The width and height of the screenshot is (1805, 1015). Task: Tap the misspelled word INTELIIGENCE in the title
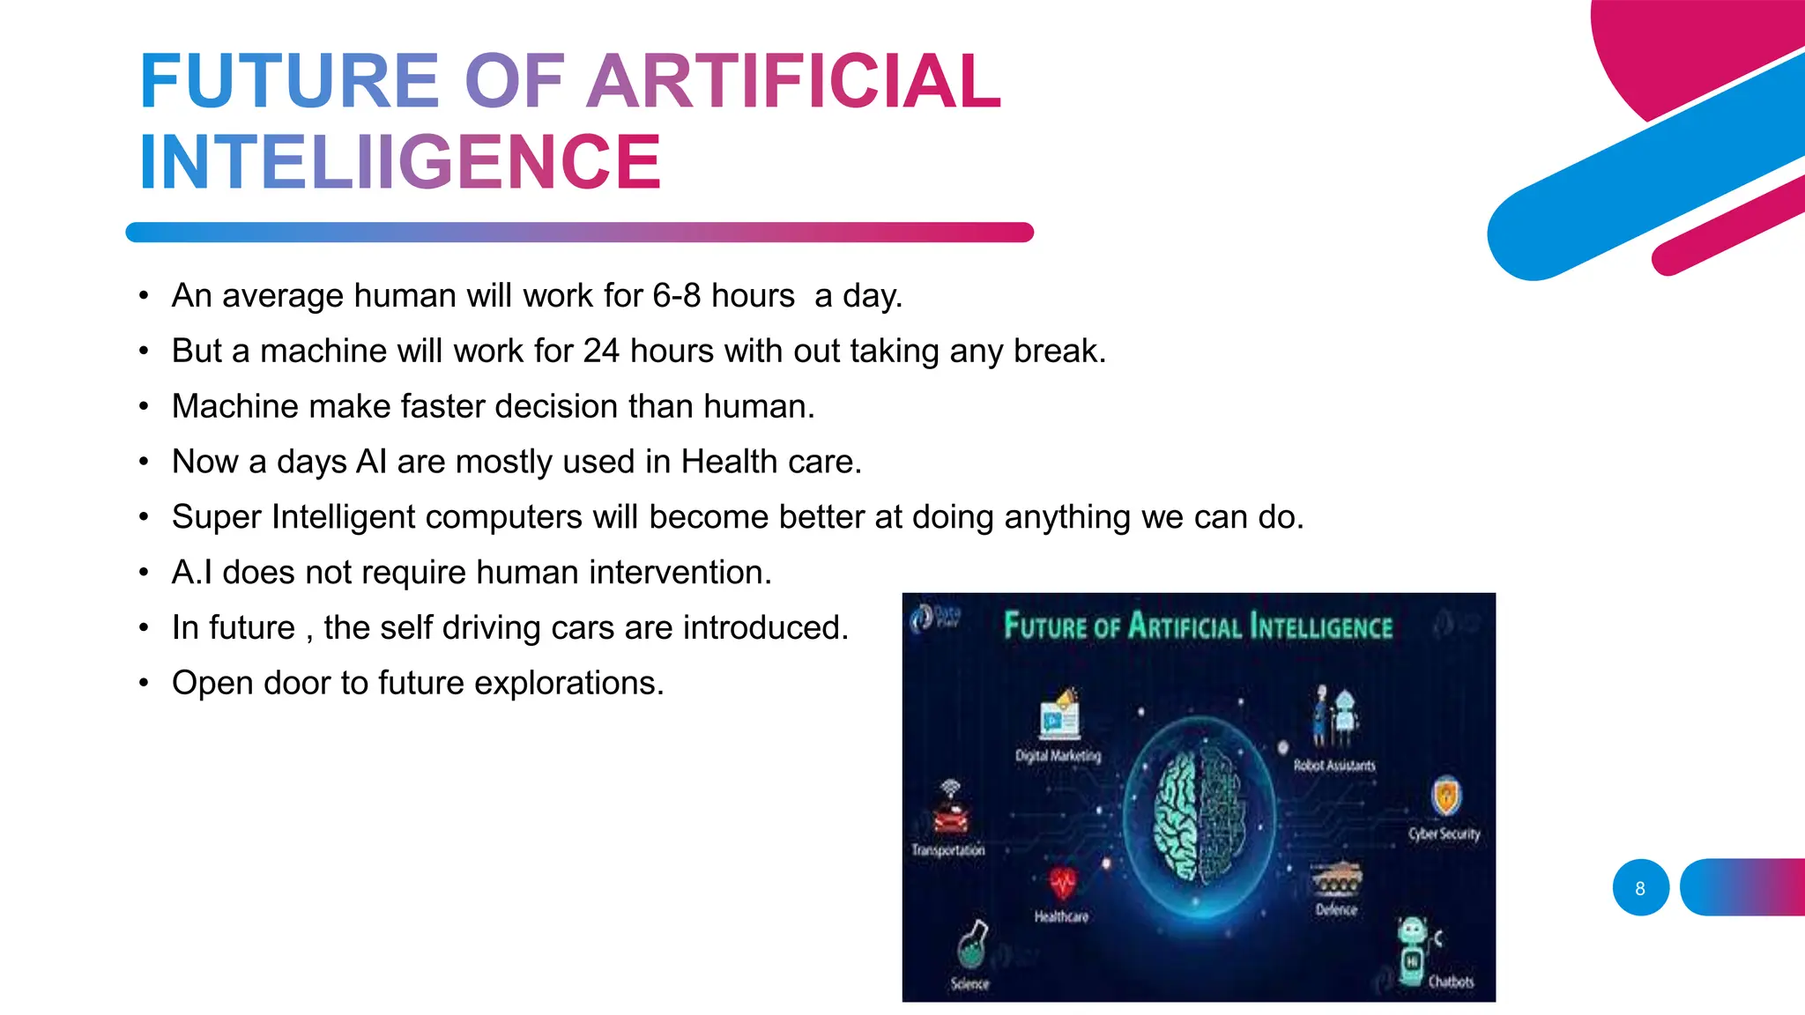click(400, 162)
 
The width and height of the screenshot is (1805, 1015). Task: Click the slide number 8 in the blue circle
click(1640, 888)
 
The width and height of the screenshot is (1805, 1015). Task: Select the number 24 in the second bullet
click(601, 351)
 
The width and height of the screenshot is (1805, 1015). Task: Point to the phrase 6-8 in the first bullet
click(676, 296)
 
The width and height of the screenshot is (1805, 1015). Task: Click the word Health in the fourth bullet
click(729, 462)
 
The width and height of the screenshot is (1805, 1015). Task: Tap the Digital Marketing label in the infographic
click(1058, 756)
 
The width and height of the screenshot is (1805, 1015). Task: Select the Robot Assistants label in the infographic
click(1333, 766)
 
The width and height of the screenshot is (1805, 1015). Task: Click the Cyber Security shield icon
click(1445, 797)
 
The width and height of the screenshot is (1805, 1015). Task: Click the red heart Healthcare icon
click(1063, 884)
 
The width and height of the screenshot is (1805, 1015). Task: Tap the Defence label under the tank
click(1336, 909)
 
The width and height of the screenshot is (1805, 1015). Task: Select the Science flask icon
click(972, 945)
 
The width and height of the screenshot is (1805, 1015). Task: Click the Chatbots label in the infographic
click(1451, 982)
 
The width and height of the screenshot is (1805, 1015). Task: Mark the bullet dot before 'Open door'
click(144, 684)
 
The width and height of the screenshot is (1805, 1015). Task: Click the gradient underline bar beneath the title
click(579, 233)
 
